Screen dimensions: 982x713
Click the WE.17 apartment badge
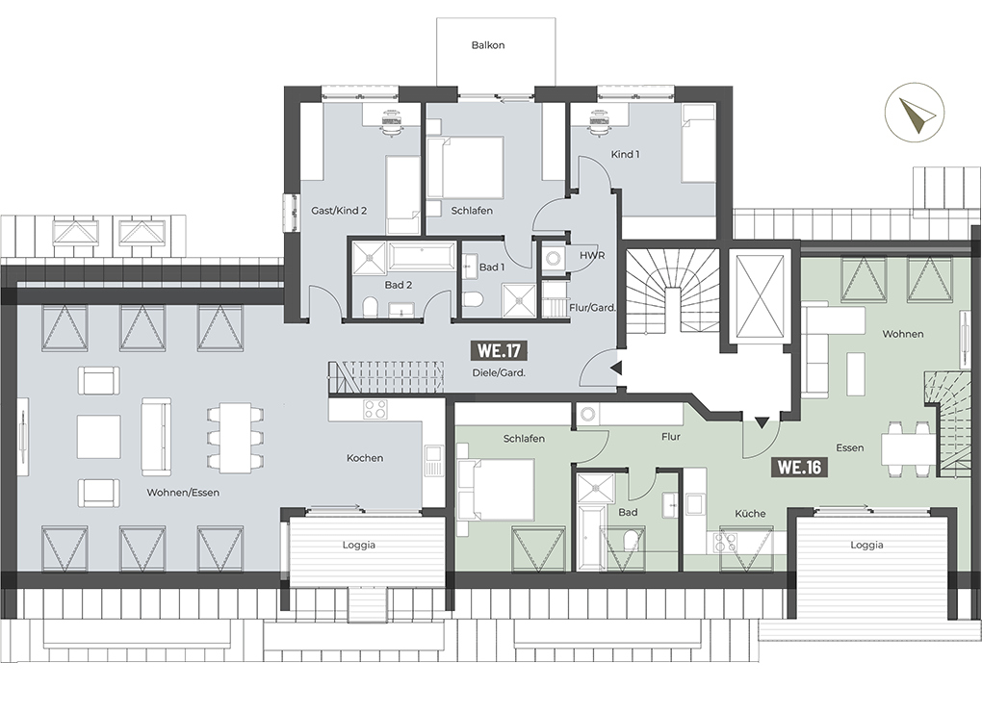[499, 350]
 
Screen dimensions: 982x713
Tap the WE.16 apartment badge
[799, 467]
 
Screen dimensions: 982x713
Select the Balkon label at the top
[488, 45]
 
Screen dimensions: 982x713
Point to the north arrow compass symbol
[915, 114]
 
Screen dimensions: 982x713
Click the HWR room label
[592, 255]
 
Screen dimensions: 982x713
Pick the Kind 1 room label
[625, 154]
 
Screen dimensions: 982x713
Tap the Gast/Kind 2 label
[339, 211]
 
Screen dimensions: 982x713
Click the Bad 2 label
[399, 285]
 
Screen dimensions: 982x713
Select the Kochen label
[365, 458]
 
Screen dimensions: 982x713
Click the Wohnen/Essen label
[183, 492]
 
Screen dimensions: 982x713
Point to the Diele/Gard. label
[499, 372]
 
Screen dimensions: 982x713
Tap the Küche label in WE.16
[750, 513]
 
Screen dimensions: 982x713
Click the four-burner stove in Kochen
[375, 409]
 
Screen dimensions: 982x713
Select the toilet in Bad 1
[471, 299]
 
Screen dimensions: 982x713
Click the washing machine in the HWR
[553, 258]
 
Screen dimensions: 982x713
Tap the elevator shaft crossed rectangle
[761, 296]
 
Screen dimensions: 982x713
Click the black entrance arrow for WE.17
[615, 369]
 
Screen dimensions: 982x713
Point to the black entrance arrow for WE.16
[761, 423]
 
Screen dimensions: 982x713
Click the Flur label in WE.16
[670, 436]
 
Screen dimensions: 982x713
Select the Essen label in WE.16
[850, 447]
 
